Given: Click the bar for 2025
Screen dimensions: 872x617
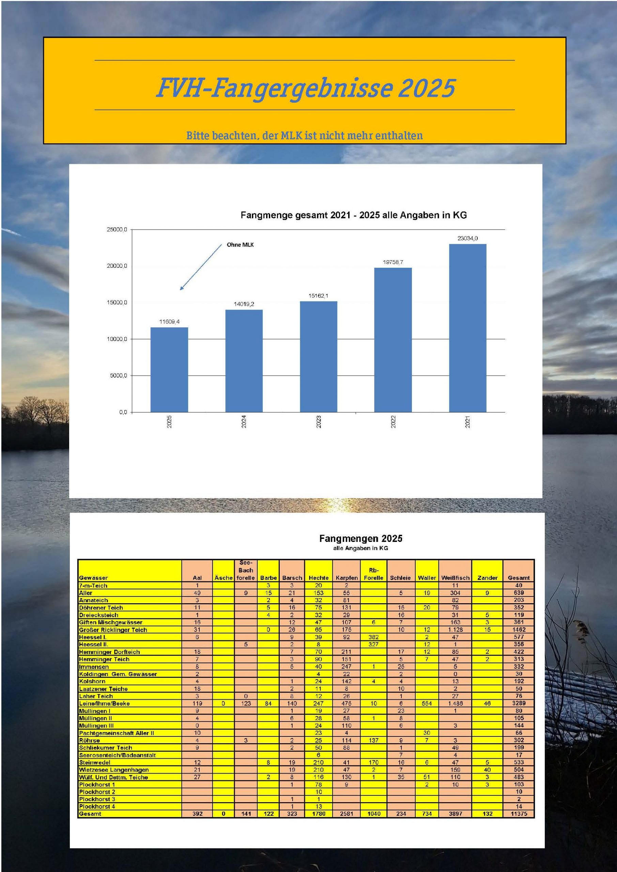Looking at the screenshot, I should coord(169,370).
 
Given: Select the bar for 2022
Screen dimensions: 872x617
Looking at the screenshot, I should coord(393,340).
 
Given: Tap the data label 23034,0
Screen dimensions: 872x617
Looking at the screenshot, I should coord(467,238).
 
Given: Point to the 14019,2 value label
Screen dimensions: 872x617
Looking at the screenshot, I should coord(244,304).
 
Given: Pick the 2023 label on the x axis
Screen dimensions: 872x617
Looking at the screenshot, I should coord(318,422).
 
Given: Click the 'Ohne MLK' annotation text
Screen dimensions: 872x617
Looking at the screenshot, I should coord(240,245).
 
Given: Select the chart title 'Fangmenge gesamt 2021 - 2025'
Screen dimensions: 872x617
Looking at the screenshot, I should coord(354,215).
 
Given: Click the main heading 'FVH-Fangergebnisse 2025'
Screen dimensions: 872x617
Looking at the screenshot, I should coord(306,88).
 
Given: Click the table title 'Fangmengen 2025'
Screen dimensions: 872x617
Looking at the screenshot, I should coord(360,539).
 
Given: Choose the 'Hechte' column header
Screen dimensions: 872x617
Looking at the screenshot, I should coord(318,578).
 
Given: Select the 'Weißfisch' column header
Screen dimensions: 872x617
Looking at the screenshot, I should coord(455,578).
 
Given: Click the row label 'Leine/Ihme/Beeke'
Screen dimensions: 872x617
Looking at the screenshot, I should coord(105,703).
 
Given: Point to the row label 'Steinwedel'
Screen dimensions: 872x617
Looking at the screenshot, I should coord(95,762).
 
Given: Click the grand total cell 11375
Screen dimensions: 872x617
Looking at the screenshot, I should coord(519,814).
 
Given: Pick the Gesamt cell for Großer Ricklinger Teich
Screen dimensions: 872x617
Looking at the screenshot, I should coord(519,630).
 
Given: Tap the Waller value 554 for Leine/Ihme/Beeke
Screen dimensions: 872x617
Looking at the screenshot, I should coord(427,703).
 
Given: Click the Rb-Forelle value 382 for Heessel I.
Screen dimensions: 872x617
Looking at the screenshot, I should coord(374,637).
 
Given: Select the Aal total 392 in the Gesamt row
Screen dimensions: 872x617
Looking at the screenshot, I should coord(197,814).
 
